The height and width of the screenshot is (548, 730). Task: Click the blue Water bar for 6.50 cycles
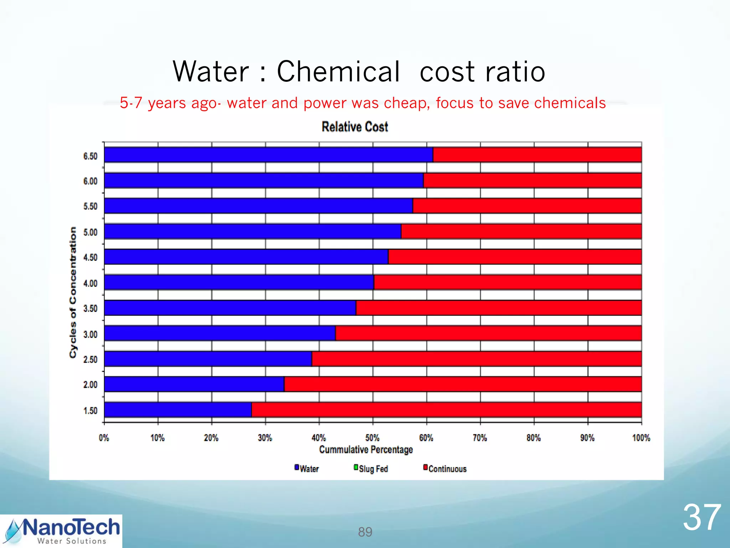pyautogui.click(x=268, y=155)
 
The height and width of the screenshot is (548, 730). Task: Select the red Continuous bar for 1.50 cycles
pyautogui.click(x=446, y=410)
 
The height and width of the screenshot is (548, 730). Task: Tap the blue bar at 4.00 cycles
pyautogui.click(x=239, y=282)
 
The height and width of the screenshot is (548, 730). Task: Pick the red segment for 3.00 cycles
pyautogui.click(x=488, y=333)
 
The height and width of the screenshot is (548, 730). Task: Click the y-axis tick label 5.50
pyautogui.click(x=90, y=207)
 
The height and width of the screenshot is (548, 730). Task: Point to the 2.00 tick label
pyautogui.click(x=90, y=385)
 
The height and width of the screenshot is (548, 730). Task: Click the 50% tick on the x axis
pyautogui.click(x=372, y=438)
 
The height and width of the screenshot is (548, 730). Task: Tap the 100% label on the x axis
pyautogui.click(x=641, y=438)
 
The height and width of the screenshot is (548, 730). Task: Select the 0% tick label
pyautogui.click(x=104, y=438)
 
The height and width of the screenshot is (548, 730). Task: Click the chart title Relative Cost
pyautogui.click(x=355, y=127)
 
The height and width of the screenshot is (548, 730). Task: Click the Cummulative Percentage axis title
pyautogui.click(x=366, y=450)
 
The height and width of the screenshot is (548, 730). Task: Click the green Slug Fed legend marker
pyautogui.click(x=356, y=467)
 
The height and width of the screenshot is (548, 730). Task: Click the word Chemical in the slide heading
pyautogui.click(x=338, y=71)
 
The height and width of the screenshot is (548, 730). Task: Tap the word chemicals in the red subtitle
pyautogui.click(x=570, y=103)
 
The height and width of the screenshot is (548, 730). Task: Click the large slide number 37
pyautogui.click(x=701, y=517)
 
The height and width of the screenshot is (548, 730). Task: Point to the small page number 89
pyautogui.click(x=365, y=532)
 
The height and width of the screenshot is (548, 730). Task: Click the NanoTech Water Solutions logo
pyautogui.click(x=61, y=531)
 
